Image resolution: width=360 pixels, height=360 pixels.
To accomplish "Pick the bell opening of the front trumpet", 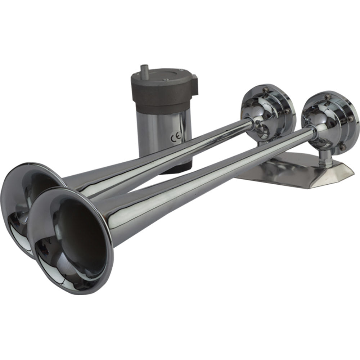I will point(72,238).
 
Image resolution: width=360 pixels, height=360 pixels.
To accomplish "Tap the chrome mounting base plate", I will point(288,169).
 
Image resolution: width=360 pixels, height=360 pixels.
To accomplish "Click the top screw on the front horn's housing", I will point(329,96).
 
